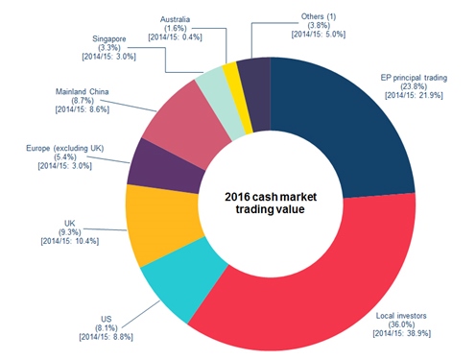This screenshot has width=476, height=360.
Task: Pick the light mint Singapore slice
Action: [x=220, y=104]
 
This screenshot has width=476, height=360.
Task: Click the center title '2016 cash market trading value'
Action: [x=271, y=203]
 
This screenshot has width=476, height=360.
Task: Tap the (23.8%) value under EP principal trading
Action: [x=414, y=86]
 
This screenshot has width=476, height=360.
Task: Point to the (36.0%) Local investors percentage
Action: [x=401, y=324]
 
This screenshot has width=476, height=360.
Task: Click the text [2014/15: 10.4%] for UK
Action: [x=70, y=241]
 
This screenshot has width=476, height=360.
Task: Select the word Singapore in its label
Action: [x=109, y=39]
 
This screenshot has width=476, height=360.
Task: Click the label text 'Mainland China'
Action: [x=83, y=92]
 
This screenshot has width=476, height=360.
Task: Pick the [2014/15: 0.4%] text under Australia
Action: [x=175, y=37]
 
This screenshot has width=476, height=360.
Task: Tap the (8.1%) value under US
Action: [x=107, y=328]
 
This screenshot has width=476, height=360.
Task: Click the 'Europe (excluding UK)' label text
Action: [x=65, y=149]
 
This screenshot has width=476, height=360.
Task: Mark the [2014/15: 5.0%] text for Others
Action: [x=319, y=35]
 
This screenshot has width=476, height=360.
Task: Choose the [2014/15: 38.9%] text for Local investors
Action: [x=402, y=333]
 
